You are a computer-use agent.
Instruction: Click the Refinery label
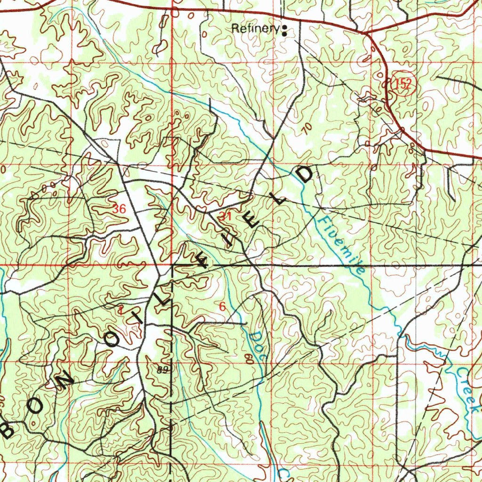point(255,29)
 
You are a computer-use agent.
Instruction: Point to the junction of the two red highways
point(366,33)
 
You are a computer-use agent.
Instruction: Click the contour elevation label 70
point(308,129)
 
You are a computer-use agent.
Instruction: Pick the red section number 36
point(120,209)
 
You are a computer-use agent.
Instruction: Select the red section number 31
point(225,217)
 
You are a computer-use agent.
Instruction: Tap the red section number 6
point(222,307)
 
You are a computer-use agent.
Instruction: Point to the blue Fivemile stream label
point(342,246)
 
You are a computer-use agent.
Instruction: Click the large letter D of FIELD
point(305,175)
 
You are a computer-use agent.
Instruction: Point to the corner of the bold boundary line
point(173,265)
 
